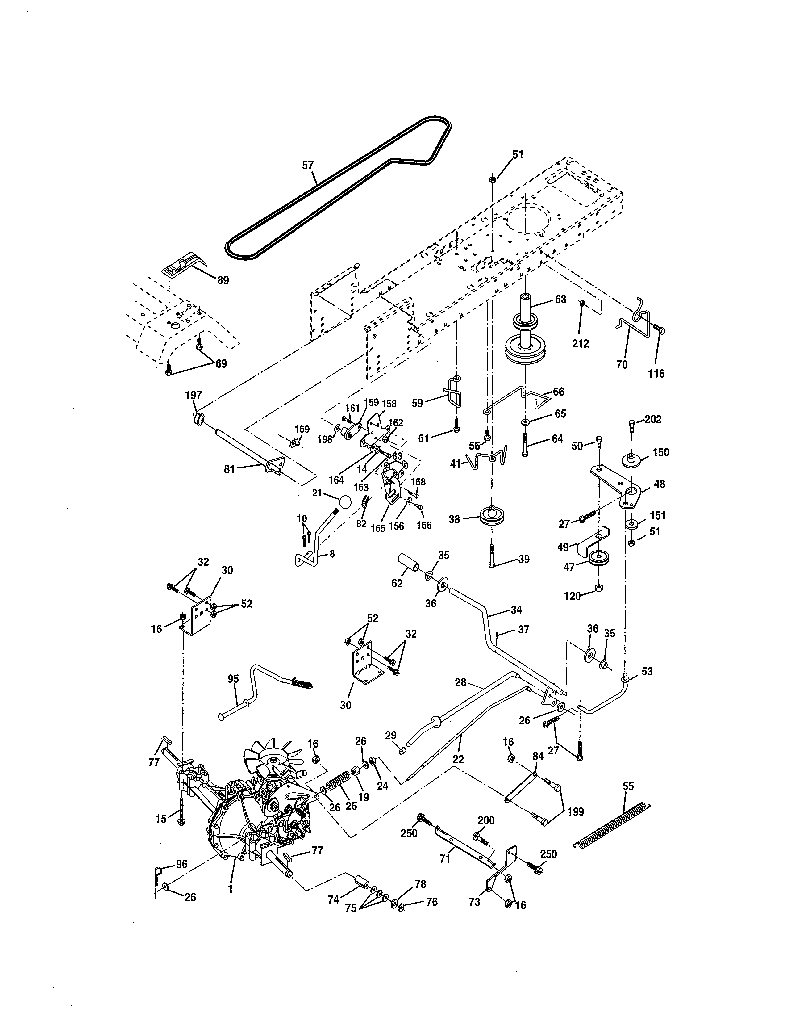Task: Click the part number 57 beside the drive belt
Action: point(308,165)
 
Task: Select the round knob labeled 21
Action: point(345,502)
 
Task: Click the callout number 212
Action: point(581,343)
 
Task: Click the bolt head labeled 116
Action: point(660,330)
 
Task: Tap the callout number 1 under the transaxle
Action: point(230,889)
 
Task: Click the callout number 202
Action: point(653,419)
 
